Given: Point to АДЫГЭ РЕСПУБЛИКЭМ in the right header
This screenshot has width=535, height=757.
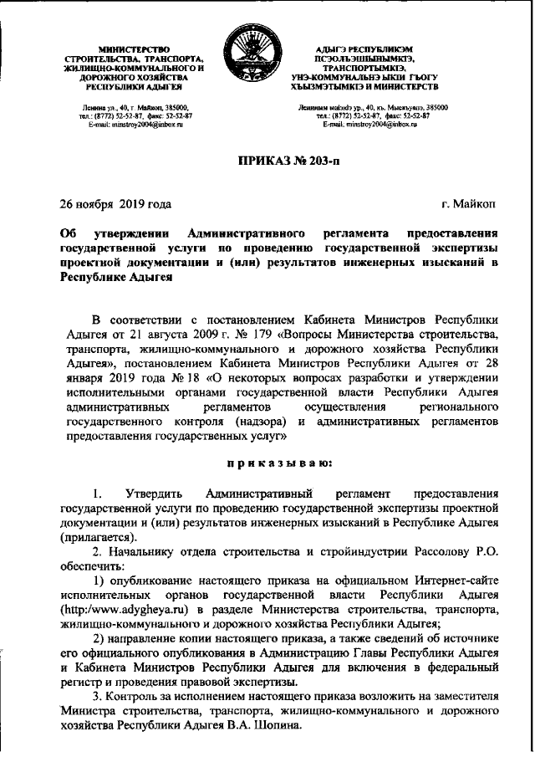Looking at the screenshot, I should (371, 51).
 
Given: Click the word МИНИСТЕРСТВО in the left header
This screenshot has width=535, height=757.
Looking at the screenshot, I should (133, 51).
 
